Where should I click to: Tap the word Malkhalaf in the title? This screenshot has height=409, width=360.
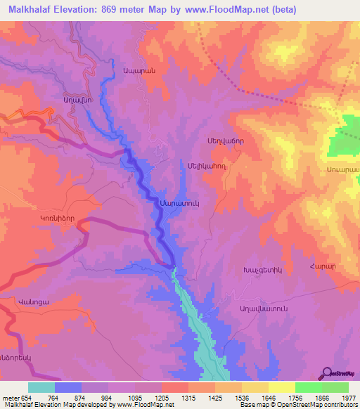tap(30, 10)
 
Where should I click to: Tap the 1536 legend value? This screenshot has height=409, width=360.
tap(229, 398)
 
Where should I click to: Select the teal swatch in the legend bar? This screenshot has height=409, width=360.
tap(41, 387)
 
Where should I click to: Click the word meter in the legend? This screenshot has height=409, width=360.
tap(11, 398)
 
